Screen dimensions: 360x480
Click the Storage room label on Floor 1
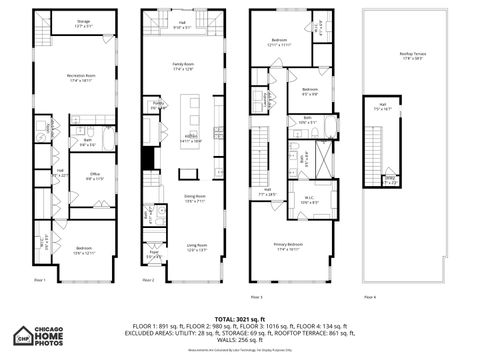(x=83, y=22)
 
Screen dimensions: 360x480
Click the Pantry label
(x=158, y=104)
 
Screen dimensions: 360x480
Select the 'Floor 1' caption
(x=40, y=281)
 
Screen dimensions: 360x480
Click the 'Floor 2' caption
(x=148, y=281)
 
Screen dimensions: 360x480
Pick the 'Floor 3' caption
(x=257, y=297)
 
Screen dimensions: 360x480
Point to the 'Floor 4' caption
(x=370, y=297)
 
